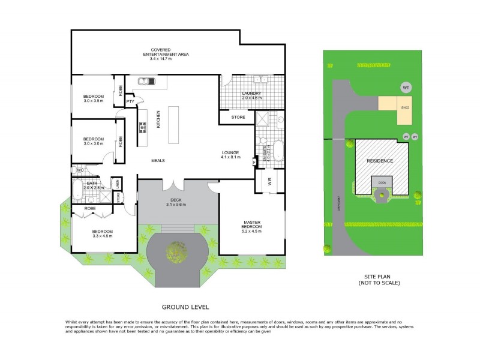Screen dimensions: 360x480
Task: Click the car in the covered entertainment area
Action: pyautogui.click(x=145, y=81)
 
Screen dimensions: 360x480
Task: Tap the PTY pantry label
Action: pyautogui.click(x=130, y=101)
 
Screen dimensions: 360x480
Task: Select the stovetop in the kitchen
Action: pyautogui.click(x=143, y=127)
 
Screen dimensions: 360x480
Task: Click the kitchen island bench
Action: pyautogui.click(x=175, y=125)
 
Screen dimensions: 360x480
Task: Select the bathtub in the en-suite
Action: pyautogui.click(x=277, y=150)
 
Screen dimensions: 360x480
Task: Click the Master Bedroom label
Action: pyautogui.click(x=252, y=225)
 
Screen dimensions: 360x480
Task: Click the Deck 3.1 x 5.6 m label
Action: pyautogui.click(x=176, y=202)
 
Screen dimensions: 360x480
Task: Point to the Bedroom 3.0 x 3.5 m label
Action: pyautogui.click(x=94, y=98)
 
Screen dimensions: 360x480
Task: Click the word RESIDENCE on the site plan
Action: pyautogui.click(x=380, y=161)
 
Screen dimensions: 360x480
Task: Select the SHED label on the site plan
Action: pyautogui.click(x=405, y=108)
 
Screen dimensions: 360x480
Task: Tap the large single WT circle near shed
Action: pyautogui.click(x=406, y=88)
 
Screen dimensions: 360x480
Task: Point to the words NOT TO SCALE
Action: pyautogui.click(x=379, y=283)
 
